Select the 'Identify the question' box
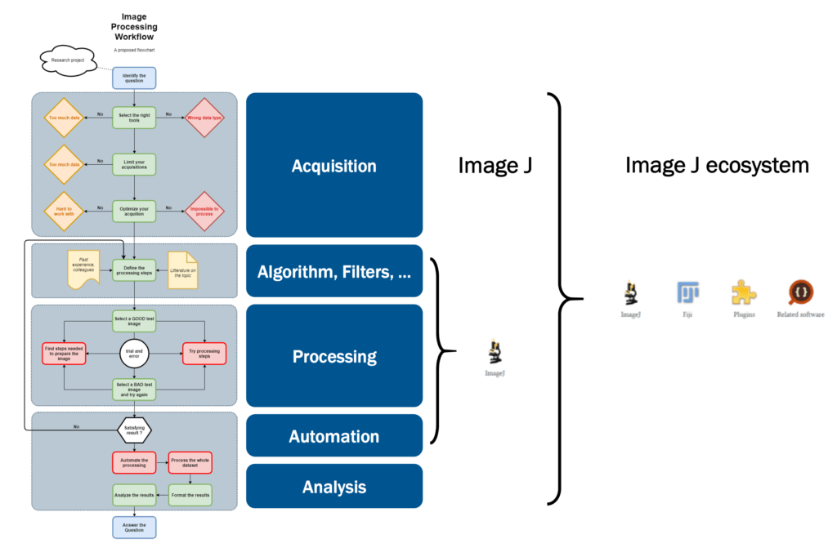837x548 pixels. coord(133,78)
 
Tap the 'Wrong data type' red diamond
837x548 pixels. coord(204,118)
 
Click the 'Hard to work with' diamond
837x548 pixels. coord(64,211)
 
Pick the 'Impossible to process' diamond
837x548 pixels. coord(204,211)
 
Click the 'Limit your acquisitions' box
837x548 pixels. coord(133,164)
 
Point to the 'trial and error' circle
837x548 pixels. coord(133,354)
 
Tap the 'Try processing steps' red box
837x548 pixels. coord(204,354)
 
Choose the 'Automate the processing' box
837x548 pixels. coord(133,462)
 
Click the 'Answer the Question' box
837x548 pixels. coord(133,527)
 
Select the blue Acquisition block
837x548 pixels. coord(334,166)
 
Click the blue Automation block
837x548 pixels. coord(334,436)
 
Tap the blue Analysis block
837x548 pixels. coord(334,487)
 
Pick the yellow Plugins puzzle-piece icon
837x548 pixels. coord(743,293)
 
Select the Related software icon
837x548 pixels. coord(800,293)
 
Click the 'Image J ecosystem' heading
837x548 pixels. coord(717,166)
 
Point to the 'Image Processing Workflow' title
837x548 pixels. coord(133,27)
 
